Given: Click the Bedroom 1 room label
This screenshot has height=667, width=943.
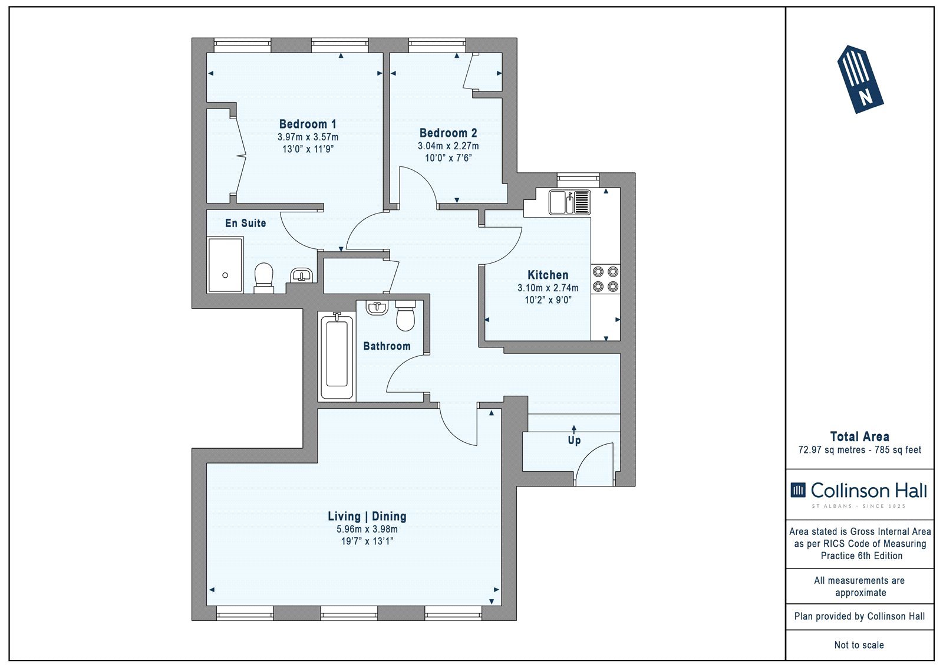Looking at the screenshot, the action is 308,124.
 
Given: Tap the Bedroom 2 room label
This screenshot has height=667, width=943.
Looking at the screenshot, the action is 449,133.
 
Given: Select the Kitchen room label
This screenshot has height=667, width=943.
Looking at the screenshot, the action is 548,275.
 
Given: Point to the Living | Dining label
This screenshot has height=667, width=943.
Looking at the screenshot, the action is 367,516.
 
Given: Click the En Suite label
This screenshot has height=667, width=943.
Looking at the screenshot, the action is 245,223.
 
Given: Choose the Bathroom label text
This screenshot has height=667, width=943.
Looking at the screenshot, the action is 387,346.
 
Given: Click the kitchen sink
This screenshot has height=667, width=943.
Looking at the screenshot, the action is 569,202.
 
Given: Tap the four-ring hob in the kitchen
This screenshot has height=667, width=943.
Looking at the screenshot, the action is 605,279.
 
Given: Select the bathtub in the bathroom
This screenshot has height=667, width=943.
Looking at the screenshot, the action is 337,356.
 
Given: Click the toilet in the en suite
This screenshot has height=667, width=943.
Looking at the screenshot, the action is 264,278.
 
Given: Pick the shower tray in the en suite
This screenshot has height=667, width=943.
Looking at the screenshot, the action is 225,265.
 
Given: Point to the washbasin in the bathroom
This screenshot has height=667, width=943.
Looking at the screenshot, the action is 377,307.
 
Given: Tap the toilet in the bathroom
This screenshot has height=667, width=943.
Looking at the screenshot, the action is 405,316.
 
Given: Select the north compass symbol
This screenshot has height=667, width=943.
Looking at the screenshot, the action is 860,79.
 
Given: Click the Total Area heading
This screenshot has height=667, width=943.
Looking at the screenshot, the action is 860,436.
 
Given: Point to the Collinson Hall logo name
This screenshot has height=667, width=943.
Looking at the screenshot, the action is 869,491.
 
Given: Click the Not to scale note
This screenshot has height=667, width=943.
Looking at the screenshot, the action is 859,645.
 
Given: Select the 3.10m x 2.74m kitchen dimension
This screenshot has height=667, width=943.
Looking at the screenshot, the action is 548,288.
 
